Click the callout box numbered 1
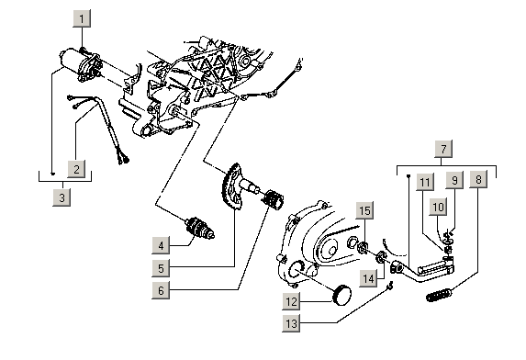coord(82,18)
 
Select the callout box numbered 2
coord(76,169)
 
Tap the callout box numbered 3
coord(62,197)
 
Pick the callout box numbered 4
coord(161,245)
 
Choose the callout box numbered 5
coord(161,268)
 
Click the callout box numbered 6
coord(161,290)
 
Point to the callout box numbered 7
coord(443,149)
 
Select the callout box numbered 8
coord(478,179)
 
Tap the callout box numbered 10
coord(438,207)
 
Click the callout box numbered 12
coord(291,301)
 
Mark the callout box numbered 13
coord(291,323)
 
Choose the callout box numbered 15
coord(364,210)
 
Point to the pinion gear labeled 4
coord(200,228)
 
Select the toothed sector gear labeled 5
coord(231,186)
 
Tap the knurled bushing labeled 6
coord(273,199)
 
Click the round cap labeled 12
coord(341,295)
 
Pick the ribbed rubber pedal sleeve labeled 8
coord(439,296)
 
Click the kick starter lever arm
coord(422,269)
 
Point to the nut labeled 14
coord(381,257)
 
